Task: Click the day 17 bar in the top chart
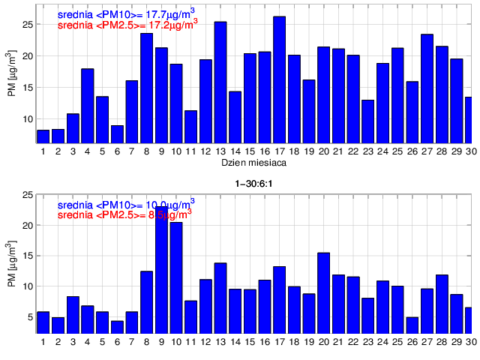point(279,79)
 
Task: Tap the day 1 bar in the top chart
point(43,136)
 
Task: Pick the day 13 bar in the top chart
point(220,82)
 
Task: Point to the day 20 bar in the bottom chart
point(323,292)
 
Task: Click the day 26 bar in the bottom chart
point(412,325)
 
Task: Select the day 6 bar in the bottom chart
point(117,326)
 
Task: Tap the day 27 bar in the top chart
point(427,88)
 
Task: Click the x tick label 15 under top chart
point(250,151)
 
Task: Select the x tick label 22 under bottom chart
point(352,342)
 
